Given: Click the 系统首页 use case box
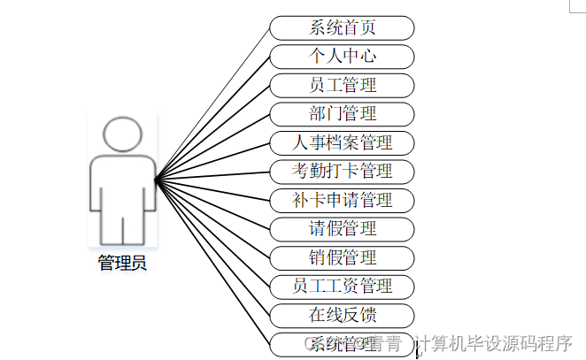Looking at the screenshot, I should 342,27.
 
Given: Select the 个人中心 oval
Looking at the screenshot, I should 342,57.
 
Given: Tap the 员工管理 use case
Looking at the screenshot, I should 342,86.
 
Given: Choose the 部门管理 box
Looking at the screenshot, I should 342,114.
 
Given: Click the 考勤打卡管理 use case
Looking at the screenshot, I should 342,172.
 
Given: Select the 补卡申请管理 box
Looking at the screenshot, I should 342,200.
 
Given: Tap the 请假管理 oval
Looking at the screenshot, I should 342,229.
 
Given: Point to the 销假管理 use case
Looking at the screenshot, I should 342,258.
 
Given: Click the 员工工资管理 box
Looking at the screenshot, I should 342,287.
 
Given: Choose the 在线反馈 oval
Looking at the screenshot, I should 342,316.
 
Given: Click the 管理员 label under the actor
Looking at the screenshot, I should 122,264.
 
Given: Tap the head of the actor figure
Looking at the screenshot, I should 122,135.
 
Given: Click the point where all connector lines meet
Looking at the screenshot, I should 156,180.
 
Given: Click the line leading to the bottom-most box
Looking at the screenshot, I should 212,262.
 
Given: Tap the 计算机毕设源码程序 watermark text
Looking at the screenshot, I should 495,343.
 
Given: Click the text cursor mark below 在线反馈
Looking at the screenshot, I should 418,353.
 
